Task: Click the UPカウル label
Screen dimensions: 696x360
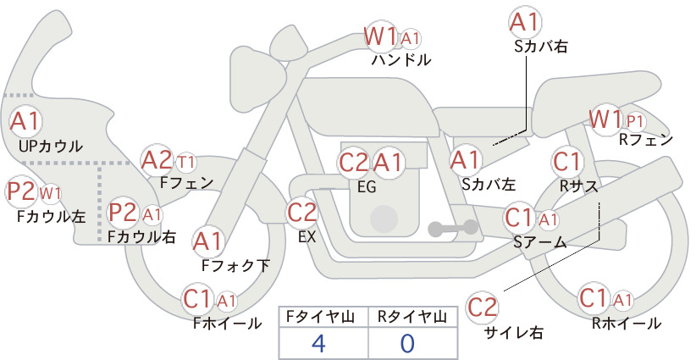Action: (x=51, y=146)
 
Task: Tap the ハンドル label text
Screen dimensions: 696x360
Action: (x=401, y=59)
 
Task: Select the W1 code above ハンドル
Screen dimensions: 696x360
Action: (x=380, y=36)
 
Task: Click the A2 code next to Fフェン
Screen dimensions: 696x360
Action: (x=157, y=160)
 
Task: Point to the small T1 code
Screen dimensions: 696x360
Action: (x=186, y=163)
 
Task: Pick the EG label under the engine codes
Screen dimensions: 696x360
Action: (x=367, y=187)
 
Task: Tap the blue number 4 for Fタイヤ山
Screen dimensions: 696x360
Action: (x=318, y=343)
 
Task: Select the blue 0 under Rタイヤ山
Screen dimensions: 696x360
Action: (x=407, y=343)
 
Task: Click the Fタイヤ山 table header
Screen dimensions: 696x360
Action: (x=319, y=317)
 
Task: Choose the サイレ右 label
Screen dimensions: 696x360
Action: (x=514, y=333)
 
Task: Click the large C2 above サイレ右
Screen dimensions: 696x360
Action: (x=482, y=307)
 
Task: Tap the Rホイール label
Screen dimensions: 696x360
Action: (x=627, y=324)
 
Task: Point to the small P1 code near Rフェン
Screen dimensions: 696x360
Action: (x=634, y=121)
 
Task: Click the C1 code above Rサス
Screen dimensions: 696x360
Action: (x=566, y=162)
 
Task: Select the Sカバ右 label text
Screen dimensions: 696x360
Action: (x=541, y=47)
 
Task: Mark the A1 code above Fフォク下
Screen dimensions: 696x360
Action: (x=207, y=242)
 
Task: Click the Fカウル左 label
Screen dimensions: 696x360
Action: (x=51, y=216)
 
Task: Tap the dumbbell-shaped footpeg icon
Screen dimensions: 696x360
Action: (x=453, y=229)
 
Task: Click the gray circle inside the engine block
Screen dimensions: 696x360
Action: (x=384, y=219)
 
